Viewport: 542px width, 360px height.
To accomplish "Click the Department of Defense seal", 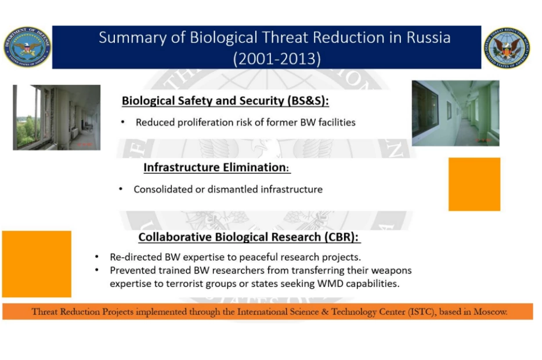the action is click(x=27, y=47).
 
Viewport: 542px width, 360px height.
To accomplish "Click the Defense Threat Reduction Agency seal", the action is click(x=507, y=48).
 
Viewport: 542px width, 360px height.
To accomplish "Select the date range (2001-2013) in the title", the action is click(x=277, y=59).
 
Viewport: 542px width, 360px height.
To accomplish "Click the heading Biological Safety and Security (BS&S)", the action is click(x=225, y=100).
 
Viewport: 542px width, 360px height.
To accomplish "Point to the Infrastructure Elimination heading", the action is click(x=216, y=167).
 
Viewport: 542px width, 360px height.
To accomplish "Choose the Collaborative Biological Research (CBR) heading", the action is click(x=248, y=237).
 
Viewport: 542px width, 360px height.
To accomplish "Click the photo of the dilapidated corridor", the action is click(x=57, y=117).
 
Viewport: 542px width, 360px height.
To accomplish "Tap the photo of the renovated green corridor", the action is click(x=456, y=113).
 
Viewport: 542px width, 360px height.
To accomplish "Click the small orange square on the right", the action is click(x=474, y=184).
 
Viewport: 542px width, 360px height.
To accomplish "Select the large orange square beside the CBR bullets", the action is click(x=37, y=264).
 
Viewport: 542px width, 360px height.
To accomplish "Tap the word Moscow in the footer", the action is click(x=490, y=312).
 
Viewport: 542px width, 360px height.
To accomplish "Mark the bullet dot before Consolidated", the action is click(x=121, y=189).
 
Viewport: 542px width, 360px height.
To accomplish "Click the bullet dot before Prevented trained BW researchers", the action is click(x=97, y=270).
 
